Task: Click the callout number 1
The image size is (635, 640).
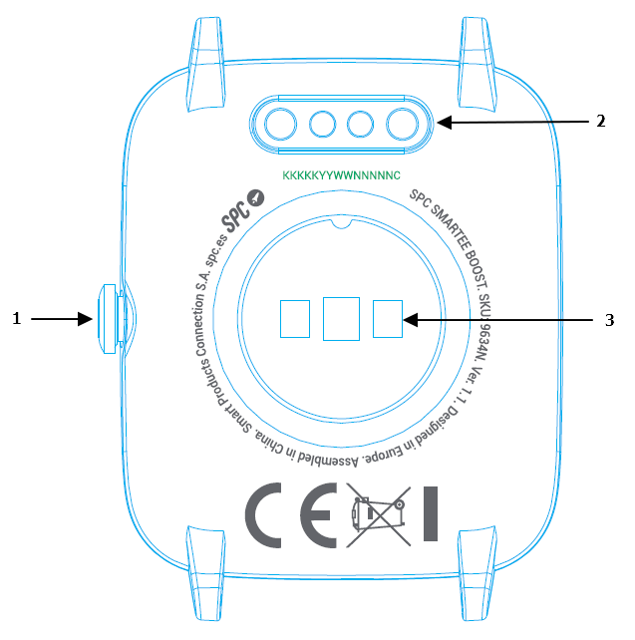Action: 16,319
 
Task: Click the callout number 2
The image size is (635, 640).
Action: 601,122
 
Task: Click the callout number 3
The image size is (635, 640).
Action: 609,320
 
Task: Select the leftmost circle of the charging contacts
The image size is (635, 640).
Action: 282,124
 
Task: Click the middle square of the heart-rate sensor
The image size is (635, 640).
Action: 341,319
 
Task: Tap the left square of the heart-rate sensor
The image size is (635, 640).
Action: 294,319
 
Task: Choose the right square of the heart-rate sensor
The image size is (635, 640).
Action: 388,319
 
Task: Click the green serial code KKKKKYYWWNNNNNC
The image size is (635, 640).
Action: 341,174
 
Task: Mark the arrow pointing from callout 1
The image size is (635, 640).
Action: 63,319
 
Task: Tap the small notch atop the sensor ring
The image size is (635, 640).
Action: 341,223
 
